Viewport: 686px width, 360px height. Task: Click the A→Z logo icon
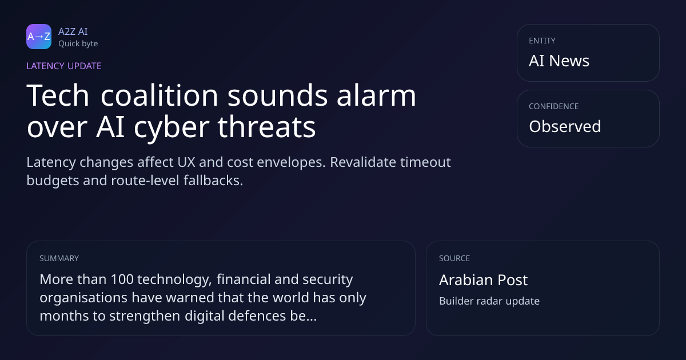coord(39,37)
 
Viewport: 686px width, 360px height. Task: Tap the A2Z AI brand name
coord(73,31)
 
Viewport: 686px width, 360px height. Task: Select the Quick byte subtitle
coord(78,44)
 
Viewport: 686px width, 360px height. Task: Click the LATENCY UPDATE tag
coord(63,66)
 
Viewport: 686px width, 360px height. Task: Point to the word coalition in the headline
coord(159,95)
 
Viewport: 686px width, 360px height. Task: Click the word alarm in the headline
coord(376,95)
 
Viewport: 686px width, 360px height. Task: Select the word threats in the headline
coord(267,127)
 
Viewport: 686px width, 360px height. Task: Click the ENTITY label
coord(542,41)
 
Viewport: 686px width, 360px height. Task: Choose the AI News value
coord(559,61)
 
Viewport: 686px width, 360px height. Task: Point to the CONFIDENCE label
coord(554,106)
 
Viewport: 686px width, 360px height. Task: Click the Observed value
coord(565,126)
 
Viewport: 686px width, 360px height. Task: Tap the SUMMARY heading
coord(59,258)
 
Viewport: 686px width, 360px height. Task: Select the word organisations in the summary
coord(83,298)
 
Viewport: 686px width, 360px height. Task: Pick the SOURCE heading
coord(454,258)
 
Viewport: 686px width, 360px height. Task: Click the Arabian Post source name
coord(483,280)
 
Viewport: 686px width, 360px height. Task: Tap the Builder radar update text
coord(489,301)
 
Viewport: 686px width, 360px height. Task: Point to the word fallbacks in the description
coord(213,181)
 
